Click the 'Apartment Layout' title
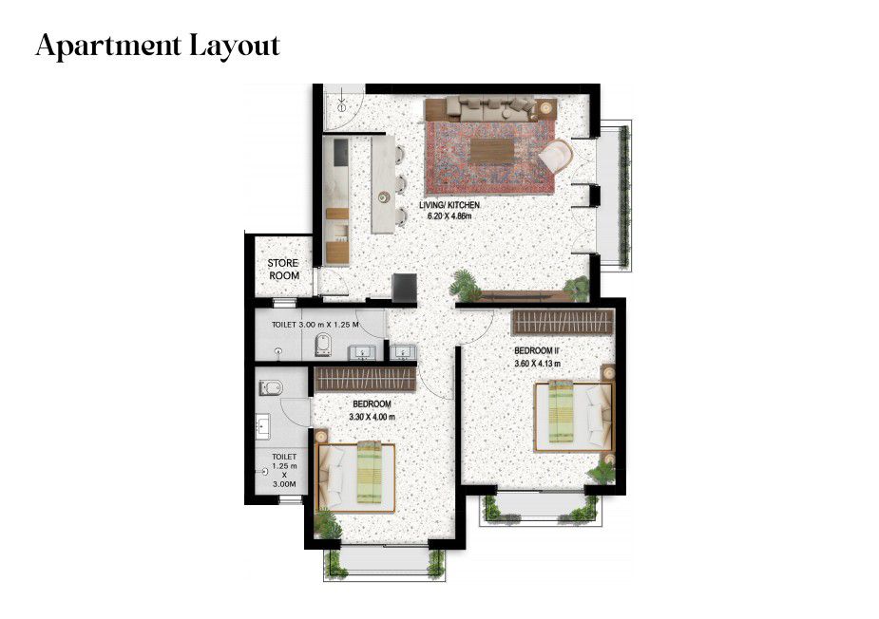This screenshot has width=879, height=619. tap(158, 46)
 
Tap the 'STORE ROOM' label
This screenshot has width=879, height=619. tap(284, 270)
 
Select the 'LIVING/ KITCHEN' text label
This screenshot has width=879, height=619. tap(449, 205)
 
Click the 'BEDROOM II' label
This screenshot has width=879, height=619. tap(537, 350)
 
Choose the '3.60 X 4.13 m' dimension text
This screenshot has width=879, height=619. tap(537, 364)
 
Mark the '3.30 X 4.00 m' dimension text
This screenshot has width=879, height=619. tap(372, 417)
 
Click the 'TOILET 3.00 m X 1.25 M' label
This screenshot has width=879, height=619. tap(315, 325)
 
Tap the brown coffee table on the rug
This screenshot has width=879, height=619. tap(491, 151)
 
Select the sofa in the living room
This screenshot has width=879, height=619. tap(482, 107)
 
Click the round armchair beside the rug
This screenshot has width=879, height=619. tap(556, 157)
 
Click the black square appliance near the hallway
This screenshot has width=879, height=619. tap(405, 288)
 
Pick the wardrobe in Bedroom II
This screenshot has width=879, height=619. tap(563, 322)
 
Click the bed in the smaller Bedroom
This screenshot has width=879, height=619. tap(356, 478)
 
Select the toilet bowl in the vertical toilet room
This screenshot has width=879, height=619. tap(270, 387)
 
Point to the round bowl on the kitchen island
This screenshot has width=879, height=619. tap(384, 197)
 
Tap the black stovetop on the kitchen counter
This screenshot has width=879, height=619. tap(340, 152)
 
